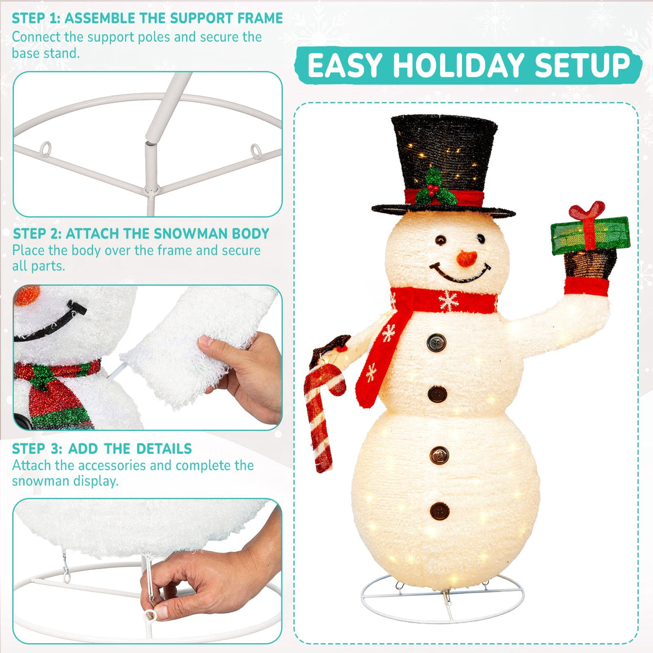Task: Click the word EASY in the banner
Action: coord(345,65)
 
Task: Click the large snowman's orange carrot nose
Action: coord(466,258)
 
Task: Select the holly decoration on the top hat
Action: coord(435,187)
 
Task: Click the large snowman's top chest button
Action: coord(436,343)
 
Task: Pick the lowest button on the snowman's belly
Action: coord(440,511)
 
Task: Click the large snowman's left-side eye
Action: coord(440,240)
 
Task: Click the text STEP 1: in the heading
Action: coord(36,19)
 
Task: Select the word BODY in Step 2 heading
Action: coord(250,234)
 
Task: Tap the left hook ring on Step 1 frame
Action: coord(45,149)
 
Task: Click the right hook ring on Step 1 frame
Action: coord(256,151)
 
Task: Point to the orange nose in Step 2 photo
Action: coord(27,295)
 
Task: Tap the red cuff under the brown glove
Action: coord(587,286)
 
